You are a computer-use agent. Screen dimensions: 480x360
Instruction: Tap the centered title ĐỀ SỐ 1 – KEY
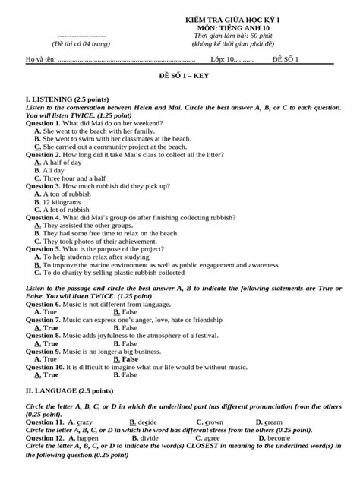[180, 77]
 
